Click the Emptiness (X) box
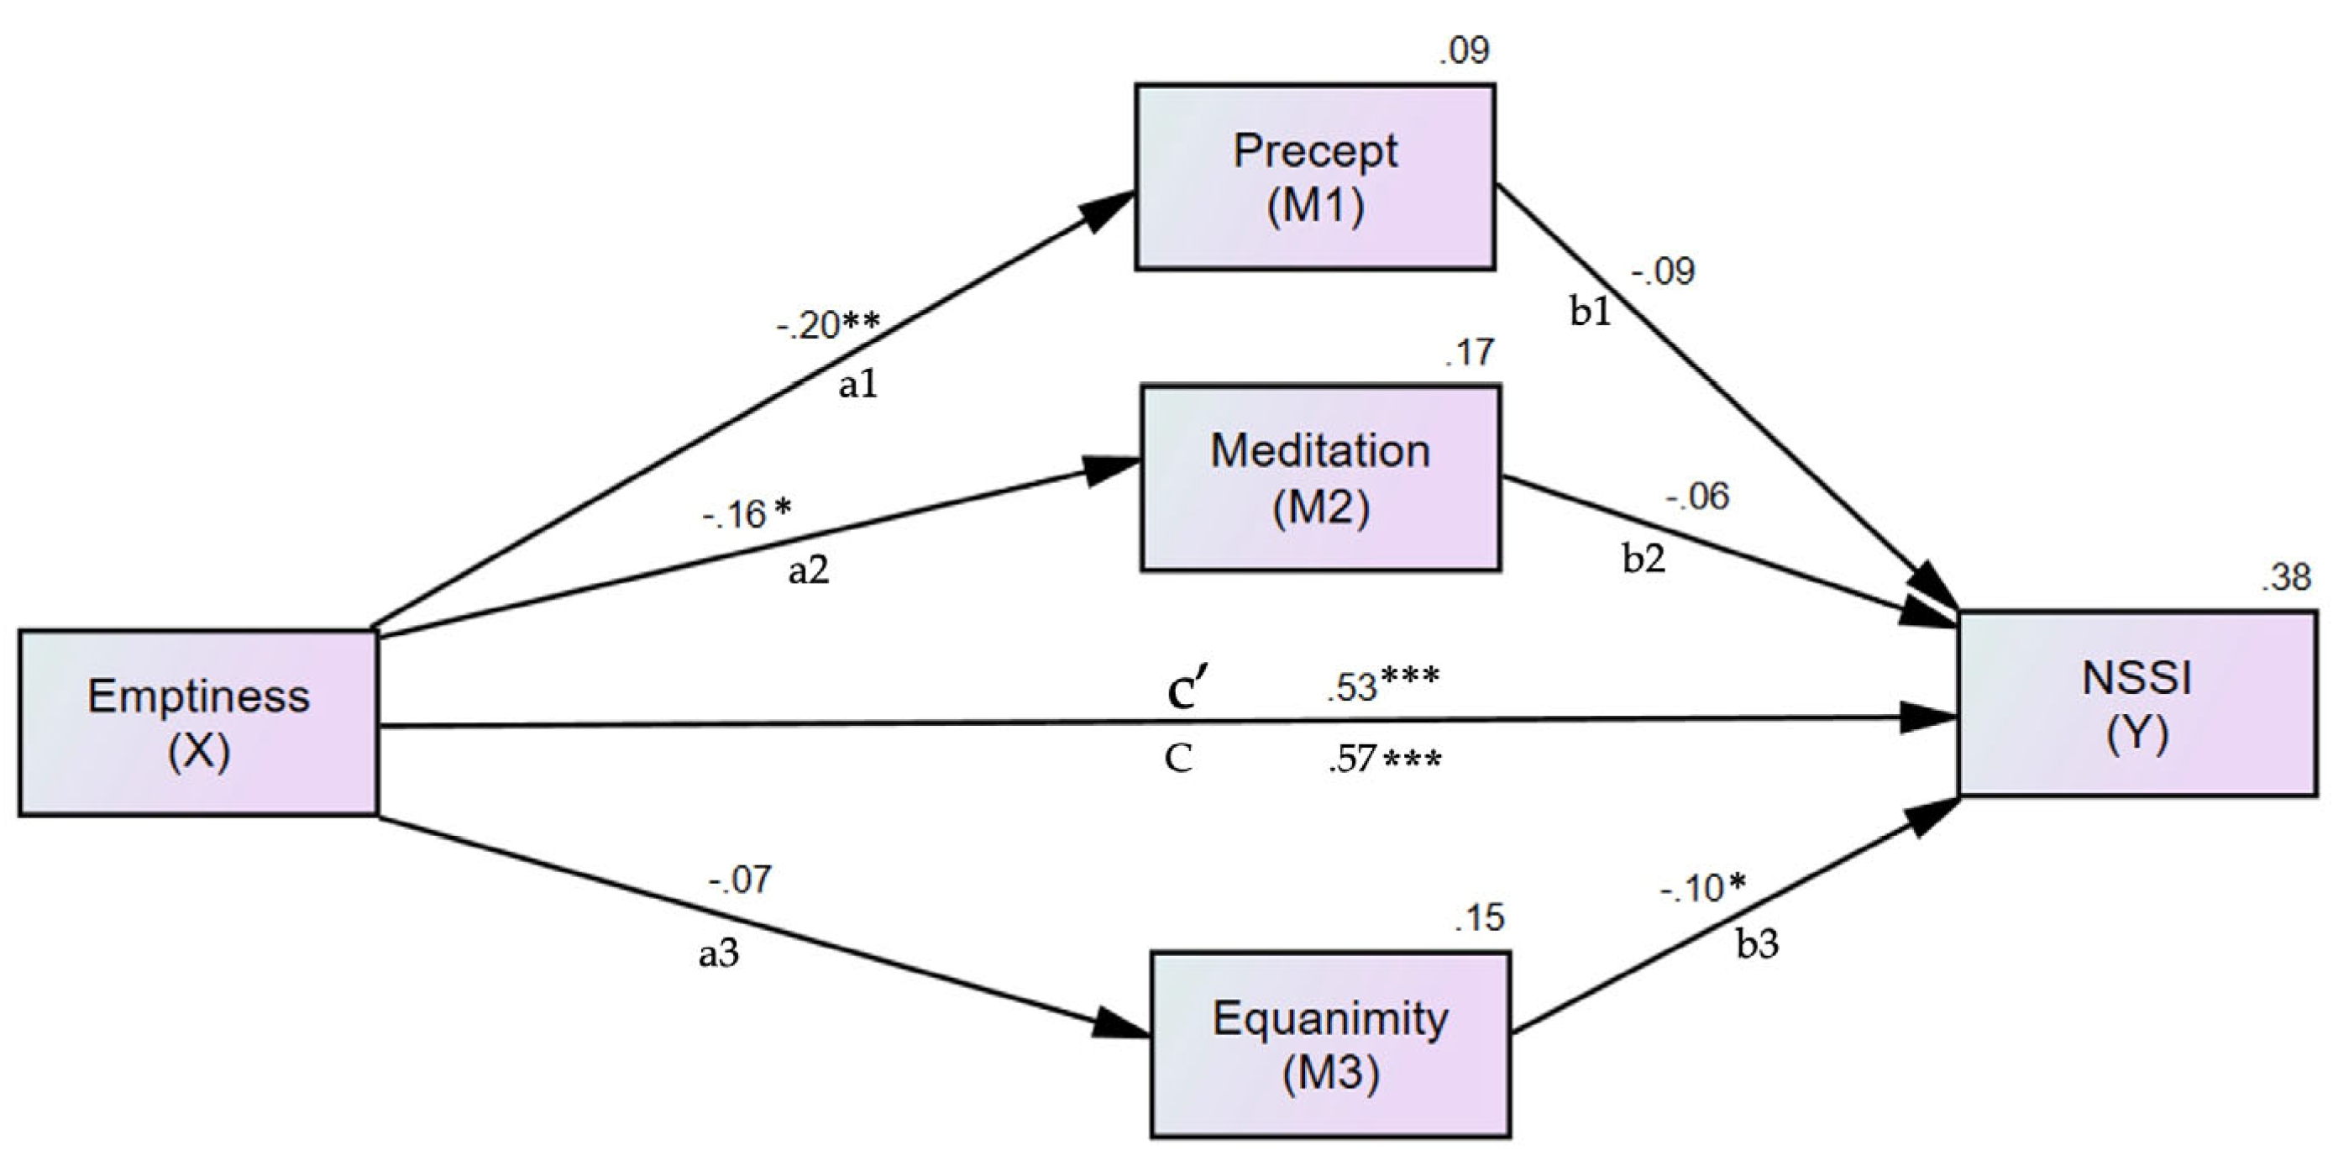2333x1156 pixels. pyautogui.click(x=197, y=723)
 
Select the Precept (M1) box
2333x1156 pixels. pyautogui.click(x=1314, y=176)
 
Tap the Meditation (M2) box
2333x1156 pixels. pyautogui.click(x=1319, y=477)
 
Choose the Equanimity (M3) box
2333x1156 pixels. pyautogui.click(x=1329, y=1044)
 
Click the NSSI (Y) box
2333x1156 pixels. pyautogui.click(x=2137, y=705)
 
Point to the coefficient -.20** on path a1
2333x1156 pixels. pyautogui.click(x=827, y=324)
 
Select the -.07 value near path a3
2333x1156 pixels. pyautogui.click(x=740, y=879)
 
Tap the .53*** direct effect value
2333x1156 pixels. pyautogui.click(x=1382, y=685)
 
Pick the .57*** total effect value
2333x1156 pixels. pyautogui.click(x=1384, y=759)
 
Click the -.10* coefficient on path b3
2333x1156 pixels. pyautogui.click(x=1701, y=888)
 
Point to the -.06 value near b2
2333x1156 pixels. pyautogui.click(x=1697, y=496)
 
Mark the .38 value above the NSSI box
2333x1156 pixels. pyautogui.click(x=2285, y=576)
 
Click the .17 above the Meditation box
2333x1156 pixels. pyautogui.click(x=1468, y=351)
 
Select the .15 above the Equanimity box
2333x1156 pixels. pyautogui.click(x=1479, y=917)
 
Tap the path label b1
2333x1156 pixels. pyautogui.click(x=1590, y=311)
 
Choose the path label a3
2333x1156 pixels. pyautogui.click(x=718, y=952)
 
